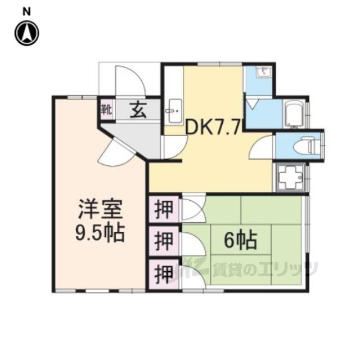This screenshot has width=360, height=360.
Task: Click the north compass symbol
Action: tap(27, 33)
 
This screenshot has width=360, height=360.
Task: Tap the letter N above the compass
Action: tap(26, 12)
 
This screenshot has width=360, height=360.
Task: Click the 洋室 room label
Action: tap(100, 209)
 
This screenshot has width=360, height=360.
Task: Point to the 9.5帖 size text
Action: tap(100, 232)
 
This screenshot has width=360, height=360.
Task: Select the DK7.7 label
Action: tap(213, 128)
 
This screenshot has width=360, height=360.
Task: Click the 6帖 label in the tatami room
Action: tap(240, 241)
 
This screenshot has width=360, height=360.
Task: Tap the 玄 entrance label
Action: tap(138, 110)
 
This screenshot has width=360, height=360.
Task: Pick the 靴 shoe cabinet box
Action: tap(107, 110)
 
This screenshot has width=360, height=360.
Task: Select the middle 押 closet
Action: tap(164, 241)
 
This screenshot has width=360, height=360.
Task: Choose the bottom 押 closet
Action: tap(164, 274)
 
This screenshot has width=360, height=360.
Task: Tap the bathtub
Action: tap(294, 114)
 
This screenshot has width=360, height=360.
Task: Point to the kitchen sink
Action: tap(174, 111)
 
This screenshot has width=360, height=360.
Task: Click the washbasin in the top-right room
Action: tap(264, 71)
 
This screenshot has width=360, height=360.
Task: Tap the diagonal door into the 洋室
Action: tap(115, 151)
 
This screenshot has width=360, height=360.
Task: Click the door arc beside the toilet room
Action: tap(262, 146)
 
